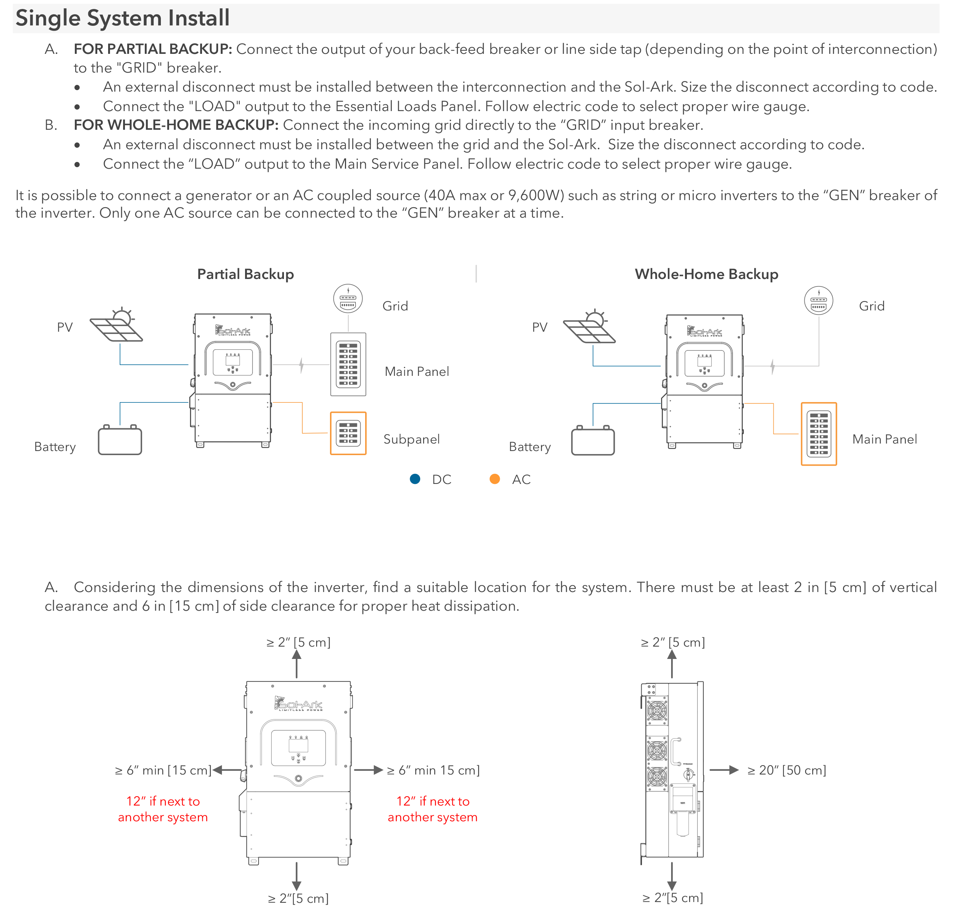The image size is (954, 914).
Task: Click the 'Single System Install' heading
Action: coord(122,18)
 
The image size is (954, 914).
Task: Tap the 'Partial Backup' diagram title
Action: coord(245,274)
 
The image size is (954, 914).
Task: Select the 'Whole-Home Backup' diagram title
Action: coord(706,274)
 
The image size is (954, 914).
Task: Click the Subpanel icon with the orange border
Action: coord(348,433)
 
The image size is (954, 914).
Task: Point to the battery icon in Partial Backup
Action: coord(120,440)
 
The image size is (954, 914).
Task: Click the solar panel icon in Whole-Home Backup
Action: coord(590,326)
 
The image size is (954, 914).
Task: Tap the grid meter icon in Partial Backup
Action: coord(348,299)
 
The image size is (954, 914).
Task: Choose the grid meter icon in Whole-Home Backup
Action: coord(819,301)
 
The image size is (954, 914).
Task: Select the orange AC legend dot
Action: coord(495,479)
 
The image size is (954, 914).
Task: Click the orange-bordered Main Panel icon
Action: coord(819,434)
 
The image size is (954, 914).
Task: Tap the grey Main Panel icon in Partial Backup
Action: coord(348,364)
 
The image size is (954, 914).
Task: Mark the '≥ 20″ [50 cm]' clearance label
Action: coord(786,770)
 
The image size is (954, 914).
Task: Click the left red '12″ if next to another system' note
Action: coord(163,809)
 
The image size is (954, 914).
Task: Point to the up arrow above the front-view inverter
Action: coord(296,663)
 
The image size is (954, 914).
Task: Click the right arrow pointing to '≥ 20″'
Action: coord(724,770)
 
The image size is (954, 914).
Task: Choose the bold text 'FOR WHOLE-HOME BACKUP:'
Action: coord(176,125)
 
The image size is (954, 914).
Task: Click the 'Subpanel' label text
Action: coord(411,439)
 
